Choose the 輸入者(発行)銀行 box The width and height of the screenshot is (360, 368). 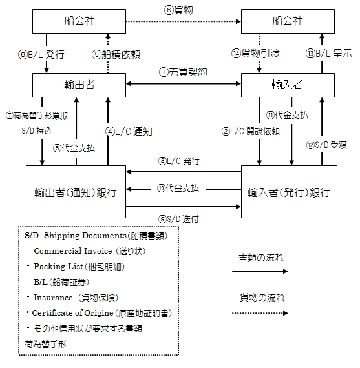point(289,192)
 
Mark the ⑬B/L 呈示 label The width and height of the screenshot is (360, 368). point(330,54)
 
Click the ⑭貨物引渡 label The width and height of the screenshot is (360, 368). point(255,54)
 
